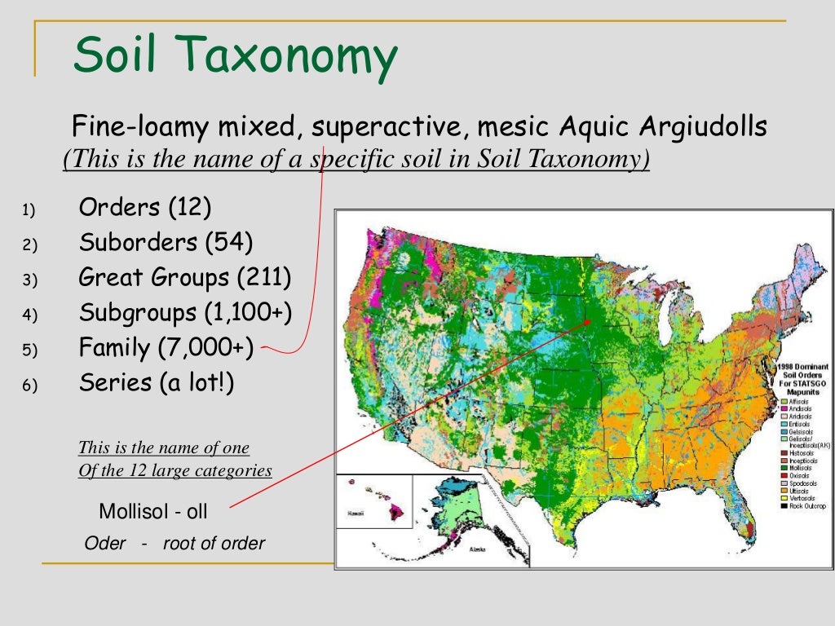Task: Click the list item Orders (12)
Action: point(144,208)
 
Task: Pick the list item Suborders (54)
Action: point(166,243)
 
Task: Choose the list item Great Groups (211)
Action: point(184,278)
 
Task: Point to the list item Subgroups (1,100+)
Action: point(184,313)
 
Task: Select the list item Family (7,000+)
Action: point(166,348)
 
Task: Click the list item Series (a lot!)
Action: point(156,383)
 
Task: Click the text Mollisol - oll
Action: point(153,512)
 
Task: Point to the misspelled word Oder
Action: point(105,544)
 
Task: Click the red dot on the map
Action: point(586,323)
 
